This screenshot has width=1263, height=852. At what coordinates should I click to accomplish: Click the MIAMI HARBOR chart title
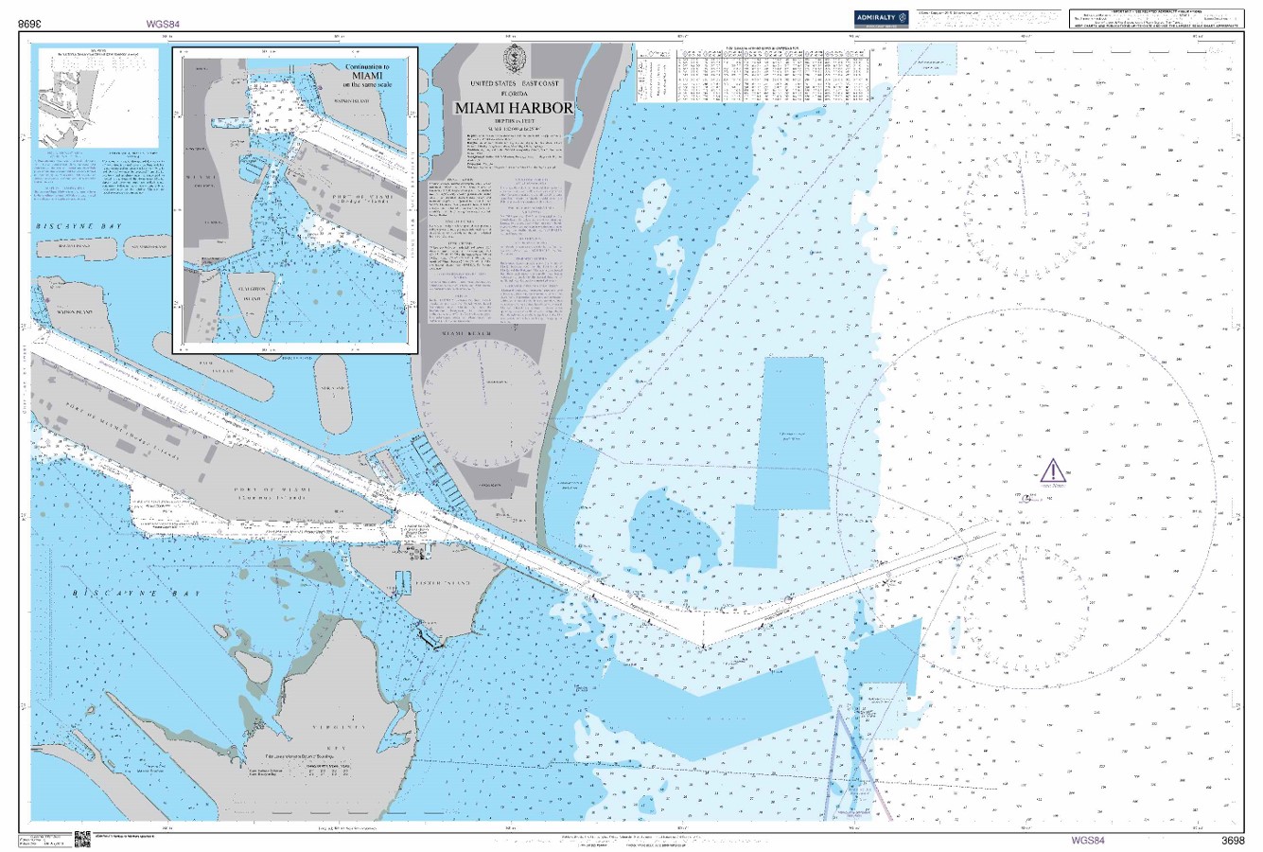(514, 108)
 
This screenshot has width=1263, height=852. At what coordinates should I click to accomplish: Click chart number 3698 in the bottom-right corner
(1233, 840)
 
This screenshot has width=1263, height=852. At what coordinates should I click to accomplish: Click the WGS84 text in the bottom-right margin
(1087, 840)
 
